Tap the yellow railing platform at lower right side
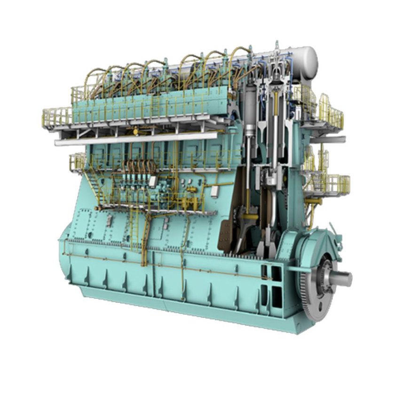click(332, 183)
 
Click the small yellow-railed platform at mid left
click(78, 162)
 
